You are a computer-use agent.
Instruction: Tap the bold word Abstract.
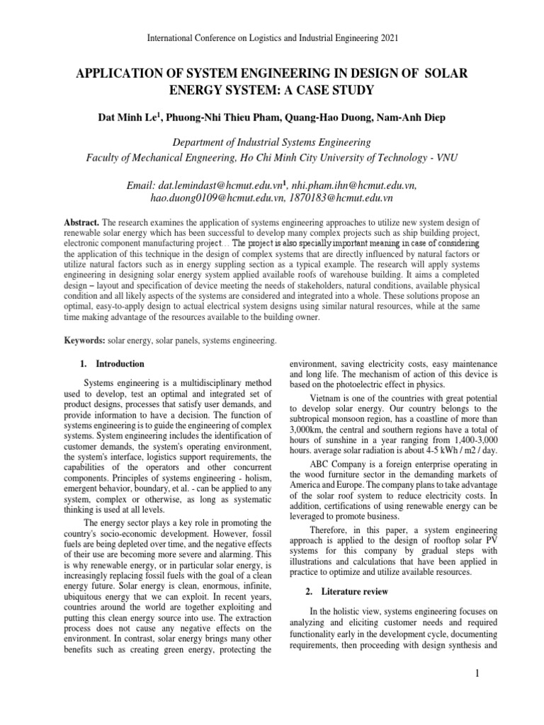pyautogui.click(x=81, y=222)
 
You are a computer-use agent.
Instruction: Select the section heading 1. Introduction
pyautogui.click(x=112, y=364)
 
